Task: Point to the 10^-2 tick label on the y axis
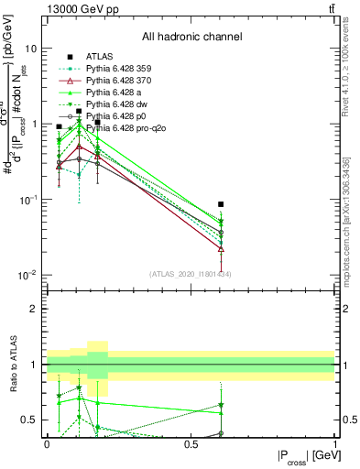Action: (27, 275)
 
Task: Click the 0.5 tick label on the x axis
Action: (191, 442)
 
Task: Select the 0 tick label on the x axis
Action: (47, 442)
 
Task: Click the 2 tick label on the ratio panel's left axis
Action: (36, 309)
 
